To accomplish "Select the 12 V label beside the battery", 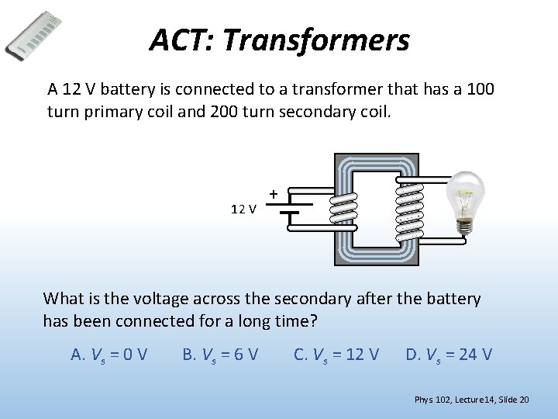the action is pyautogui.click(x=244, y=208).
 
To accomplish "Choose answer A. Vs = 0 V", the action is pyautogui.click(x=109, y=355).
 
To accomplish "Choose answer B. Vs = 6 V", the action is pyautogui.click(x=220, y=355).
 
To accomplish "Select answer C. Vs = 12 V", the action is pyautogui.click(x=336, y=355).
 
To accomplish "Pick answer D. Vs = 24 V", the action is pyautogui.click(x=449, y=355).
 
